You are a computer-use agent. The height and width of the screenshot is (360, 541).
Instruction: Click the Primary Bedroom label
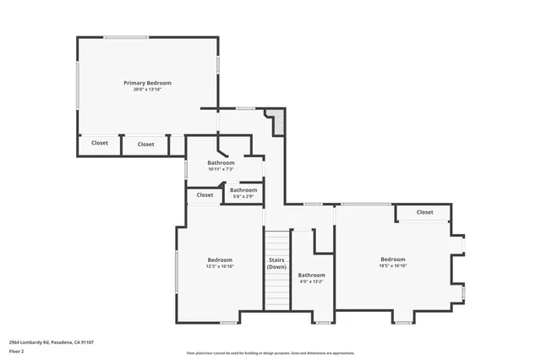147,83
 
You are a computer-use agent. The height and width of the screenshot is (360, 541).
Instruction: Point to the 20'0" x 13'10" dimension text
147,90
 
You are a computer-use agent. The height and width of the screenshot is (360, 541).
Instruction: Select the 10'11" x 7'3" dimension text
221,170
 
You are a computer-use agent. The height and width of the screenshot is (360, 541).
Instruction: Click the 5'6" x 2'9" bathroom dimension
243,197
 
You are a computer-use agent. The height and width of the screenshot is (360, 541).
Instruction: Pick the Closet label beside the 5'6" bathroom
205,195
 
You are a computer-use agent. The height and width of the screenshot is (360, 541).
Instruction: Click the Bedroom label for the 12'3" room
220,259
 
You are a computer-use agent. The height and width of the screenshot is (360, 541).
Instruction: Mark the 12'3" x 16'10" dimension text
220,266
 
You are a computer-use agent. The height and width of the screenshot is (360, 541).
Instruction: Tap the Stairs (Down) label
276,263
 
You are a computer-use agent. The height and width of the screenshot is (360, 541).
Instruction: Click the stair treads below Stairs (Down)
276,292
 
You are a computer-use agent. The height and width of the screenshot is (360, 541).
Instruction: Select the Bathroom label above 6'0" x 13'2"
311,275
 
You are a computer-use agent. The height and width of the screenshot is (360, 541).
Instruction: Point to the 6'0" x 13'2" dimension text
311,282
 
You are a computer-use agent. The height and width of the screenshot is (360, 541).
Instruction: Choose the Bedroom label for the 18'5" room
392,259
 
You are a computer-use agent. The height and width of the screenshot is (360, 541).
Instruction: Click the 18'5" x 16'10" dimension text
392,266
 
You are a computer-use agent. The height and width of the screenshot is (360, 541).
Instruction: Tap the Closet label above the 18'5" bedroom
424,212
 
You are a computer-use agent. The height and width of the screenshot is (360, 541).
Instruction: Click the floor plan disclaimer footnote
270,353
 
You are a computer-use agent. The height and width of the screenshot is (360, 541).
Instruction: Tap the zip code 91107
85,342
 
